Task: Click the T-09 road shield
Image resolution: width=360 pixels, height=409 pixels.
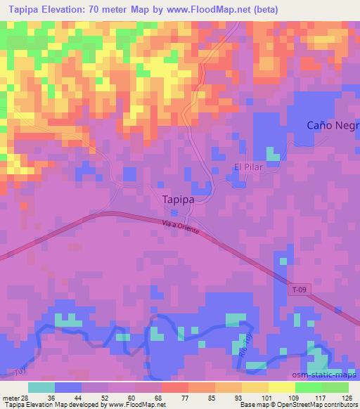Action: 300,289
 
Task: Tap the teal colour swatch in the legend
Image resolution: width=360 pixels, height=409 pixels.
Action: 41,387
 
